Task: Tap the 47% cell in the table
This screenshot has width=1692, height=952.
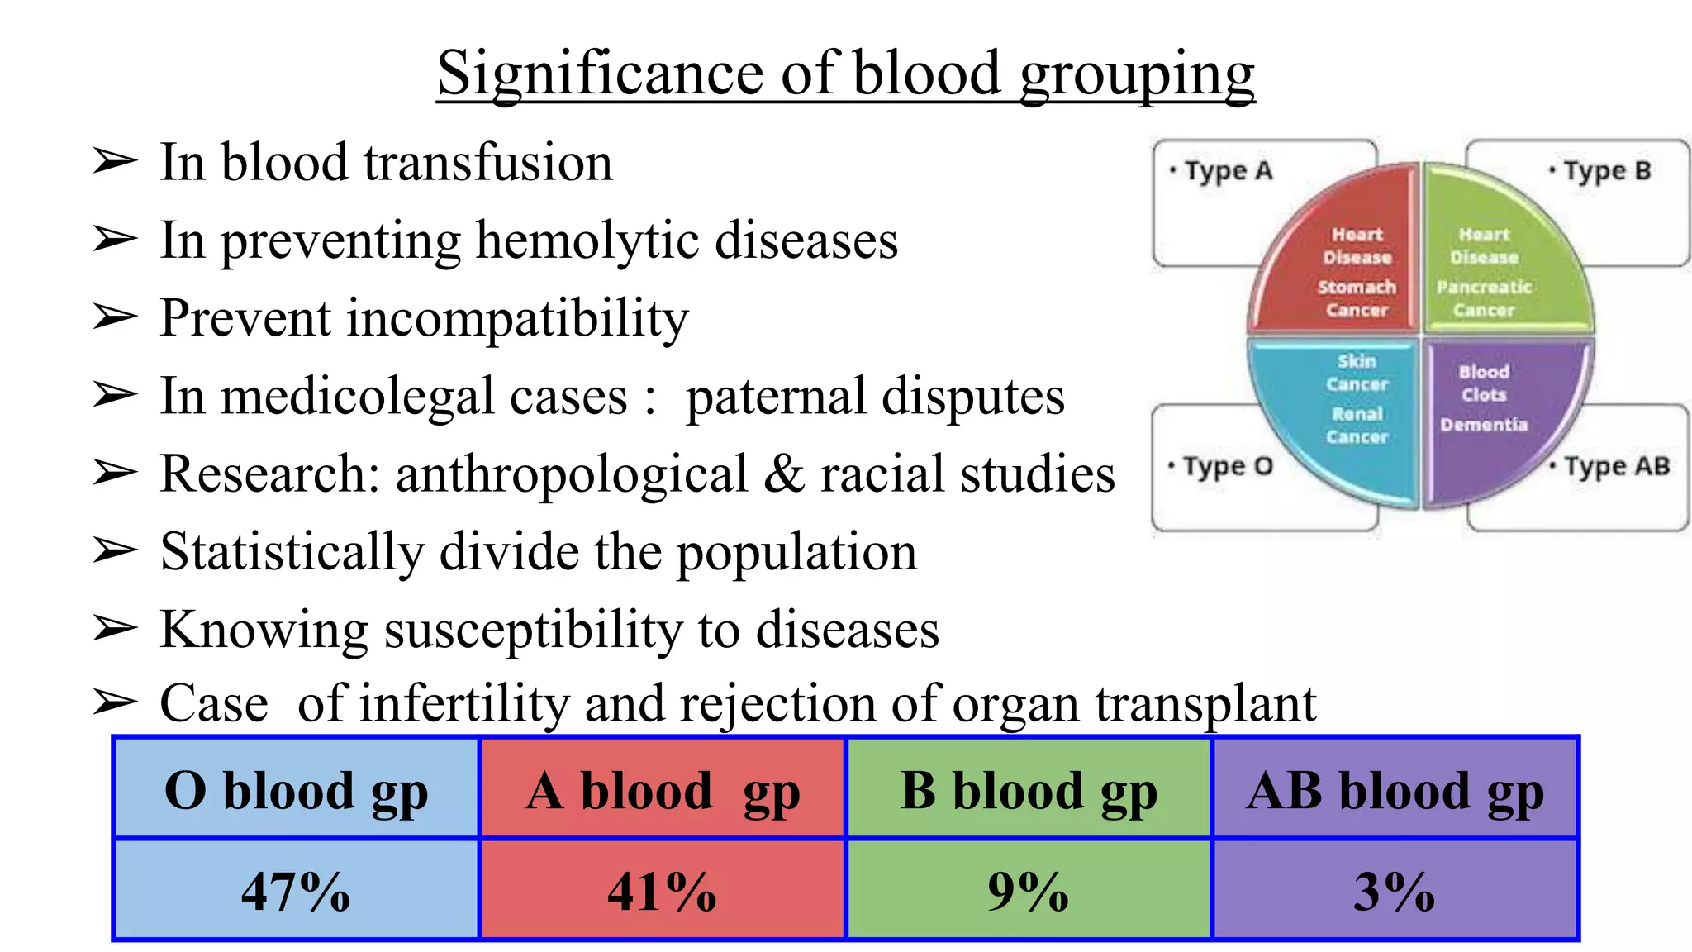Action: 296,890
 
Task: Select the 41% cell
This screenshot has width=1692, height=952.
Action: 663,890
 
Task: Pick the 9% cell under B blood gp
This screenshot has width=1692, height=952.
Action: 1028,890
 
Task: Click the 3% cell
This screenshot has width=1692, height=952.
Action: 1395,890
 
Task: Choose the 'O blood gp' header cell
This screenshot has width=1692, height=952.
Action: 296,790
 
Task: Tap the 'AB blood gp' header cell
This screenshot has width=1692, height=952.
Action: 1395,790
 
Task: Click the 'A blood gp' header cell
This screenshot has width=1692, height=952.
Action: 663,790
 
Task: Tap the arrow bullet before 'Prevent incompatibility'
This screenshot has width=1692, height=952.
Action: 114,317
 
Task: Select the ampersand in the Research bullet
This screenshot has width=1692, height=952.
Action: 784,474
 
